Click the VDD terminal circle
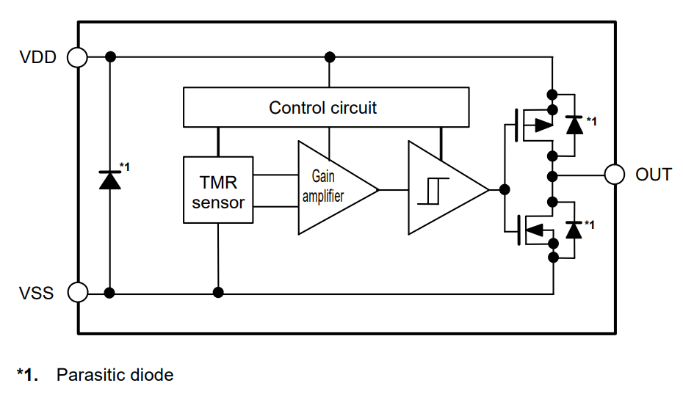coord(77,56)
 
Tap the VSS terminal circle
coord(77,293)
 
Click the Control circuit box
coord(325,107)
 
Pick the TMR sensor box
coord(218,190)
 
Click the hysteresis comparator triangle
coord(441,189)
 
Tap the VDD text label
coord(37,57)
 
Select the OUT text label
coord(654,175)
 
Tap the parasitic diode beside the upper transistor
coord(574,125)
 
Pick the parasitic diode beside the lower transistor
coord(574,230)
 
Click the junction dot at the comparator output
coord(504,189)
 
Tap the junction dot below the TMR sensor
coord(218,293)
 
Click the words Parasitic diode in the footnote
coord(115,375)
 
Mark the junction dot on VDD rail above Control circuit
coord(330,56)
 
